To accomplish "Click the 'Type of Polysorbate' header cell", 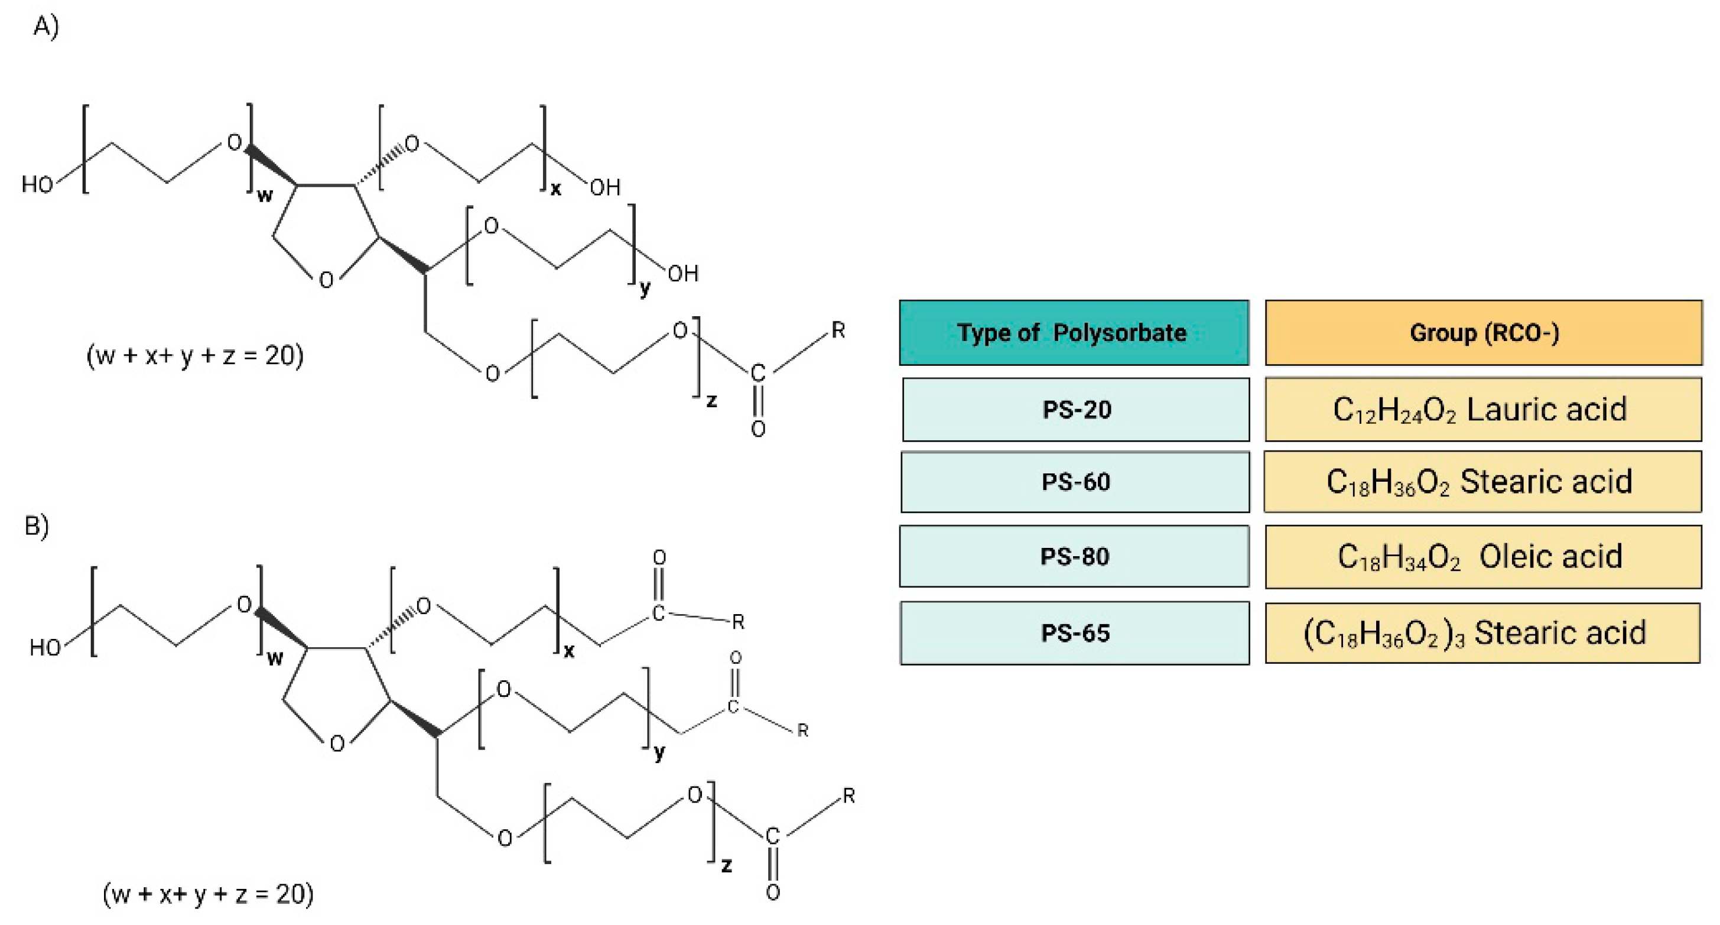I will [x=1073, y=333].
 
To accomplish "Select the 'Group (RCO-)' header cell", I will [x=1483, y=333].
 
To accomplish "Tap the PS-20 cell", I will [x=1076, y=410].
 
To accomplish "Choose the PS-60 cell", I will [x=1075, y=482].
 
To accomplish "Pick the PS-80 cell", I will [x=1074, y=556].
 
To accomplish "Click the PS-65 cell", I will [x=1074, y=632].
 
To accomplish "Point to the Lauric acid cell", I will [x=1483, y=410].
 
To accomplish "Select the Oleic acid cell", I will [x=1483, y=556].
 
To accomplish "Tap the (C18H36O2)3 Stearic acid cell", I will [x=1482, y=632].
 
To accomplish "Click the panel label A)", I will [x=46, y=26].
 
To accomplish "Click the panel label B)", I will [x=37, y=525].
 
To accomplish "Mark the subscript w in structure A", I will [x=265, y=195].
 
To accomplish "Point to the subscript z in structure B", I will [x=726, y=865].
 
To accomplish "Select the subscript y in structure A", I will [x=644, y=288].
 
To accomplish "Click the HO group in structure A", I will [x=37, y=184].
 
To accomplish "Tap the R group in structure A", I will [x=838, y=330].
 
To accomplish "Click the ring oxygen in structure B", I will [x=337, y=744].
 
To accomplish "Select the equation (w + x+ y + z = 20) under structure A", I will [x=195, y=355].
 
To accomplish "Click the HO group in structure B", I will [x=45, y=647].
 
